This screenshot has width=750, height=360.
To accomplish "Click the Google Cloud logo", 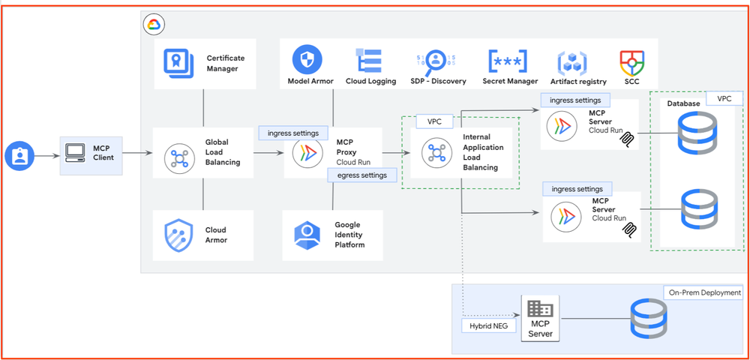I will (x=154, y=25).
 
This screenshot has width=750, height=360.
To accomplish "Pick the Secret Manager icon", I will (x=508, y=61).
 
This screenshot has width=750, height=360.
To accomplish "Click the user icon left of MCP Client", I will (x=19, y=156).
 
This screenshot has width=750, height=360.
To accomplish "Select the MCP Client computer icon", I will (x=76, y=152).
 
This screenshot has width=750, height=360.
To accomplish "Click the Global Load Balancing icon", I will (x=179, y=157).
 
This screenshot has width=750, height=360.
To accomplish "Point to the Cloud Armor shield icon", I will (x=179, y=235).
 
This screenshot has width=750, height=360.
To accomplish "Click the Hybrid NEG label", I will (x=487, y=325).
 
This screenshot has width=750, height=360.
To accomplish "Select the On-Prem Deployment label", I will (x=703, y=292).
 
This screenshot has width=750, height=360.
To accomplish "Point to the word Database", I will (x=683, y=103).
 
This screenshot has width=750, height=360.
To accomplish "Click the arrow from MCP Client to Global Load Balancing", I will (x=136, y=154).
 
